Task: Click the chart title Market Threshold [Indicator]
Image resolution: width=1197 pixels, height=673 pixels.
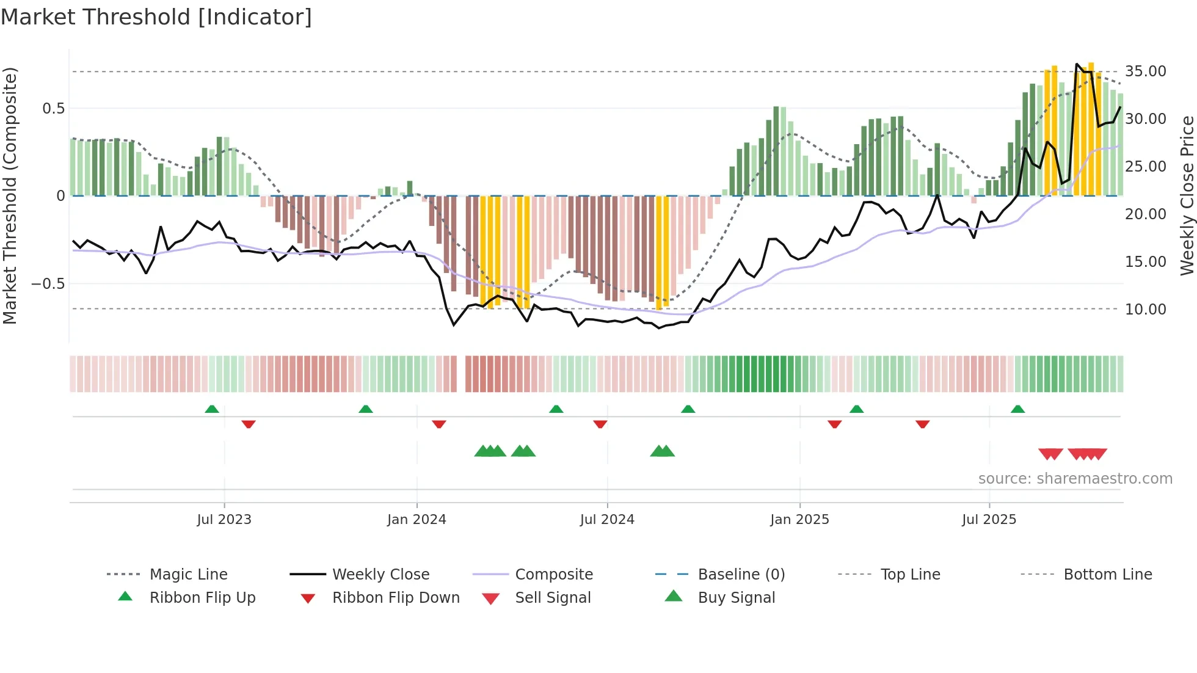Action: pyautogui.click(x=156, y=17)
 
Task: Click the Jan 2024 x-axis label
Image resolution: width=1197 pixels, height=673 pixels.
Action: pyautogui.click(x=417, y=520)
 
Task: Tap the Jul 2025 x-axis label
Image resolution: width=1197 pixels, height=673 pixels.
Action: pyautogui.click(x=989, y=520)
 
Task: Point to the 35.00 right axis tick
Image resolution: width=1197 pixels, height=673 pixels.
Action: pyautogui.click(x=1145, y=71)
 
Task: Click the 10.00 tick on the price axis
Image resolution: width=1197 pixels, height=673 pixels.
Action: pyautogui.click(x=1145, y=310)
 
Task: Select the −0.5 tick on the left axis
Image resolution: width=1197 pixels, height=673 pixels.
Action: pyautogui.click(x=48, y=284)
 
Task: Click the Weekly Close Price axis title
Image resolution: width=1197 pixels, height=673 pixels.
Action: pyautogui.click(x=1187, y=195)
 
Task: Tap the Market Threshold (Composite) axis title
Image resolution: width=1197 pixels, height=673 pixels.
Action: pyautogui.click(x=10, y=195)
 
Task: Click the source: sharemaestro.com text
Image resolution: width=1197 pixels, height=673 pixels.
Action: pyautogui.click(x=1075, y=479)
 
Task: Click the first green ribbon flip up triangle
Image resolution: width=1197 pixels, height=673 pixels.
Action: pyautogui.click(x=212, y=409)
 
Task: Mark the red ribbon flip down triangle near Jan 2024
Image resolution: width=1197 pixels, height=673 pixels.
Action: pyautogui.click(x=439, y=424)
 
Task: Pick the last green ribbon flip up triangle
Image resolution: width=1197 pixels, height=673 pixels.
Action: pyautogui.click(x=1017, y=409)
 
